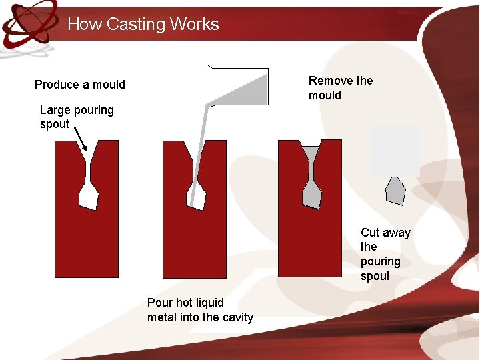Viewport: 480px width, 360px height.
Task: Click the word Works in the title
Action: [x=194, y=25]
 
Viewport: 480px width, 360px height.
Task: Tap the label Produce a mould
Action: [x=80, y=85]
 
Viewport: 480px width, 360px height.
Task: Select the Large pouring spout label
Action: [x=77, y=117]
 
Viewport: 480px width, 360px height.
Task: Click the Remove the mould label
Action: [x=341, y=88]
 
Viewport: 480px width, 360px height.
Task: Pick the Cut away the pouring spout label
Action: [x=385, y=254]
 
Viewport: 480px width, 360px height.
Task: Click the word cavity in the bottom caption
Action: [x=235, y=317]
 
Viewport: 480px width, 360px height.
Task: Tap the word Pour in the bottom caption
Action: [x=159, y=303]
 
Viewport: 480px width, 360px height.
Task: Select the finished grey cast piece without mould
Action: [x=395, y=191]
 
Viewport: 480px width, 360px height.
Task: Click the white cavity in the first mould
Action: [x=89, y=195]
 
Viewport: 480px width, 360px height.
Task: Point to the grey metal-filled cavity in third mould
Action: [x=312, y=193]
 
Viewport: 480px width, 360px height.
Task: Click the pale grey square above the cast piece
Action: [x=395, y=150]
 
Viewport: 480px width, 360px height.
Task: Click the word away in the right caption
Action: [x=396, y=233]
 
